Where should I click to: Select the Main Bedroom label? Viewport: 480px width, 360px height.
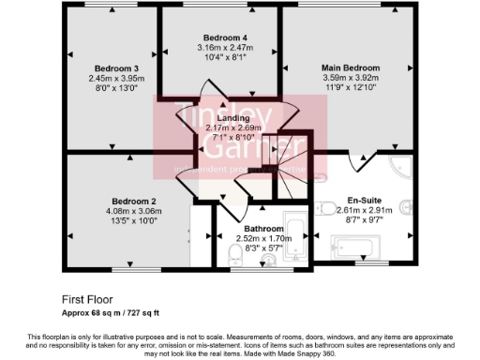351,68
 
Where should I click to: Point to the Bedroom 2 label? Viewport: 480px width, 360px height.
134,202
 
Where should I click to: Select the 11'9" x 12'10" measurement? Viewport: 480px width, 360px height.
351,87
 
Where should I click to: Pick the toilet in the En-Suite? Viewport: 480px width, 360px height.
406,207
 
